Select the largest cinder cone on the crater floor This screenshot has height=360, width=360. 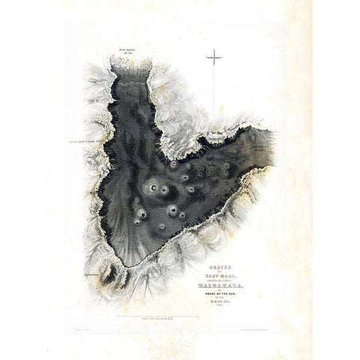pos(154,188)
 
